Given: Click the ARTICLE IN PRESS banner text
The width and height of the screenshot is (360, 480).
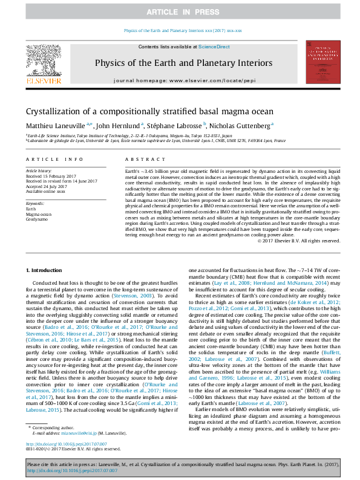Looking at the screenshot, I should [x=180, y=12].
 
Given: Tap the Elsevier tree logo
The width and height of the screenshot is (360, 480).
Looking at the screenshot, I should [x=43, y=61].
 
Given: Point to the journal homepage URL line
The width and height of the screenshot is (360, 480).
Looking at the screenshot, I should [x=180, y=80].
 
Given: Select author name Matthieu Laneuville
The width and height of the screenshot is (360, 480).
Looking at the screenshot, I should [x=57, y=126].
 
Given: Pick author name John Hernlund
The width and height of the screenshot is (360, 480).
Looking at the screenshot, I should [x=119, y=126].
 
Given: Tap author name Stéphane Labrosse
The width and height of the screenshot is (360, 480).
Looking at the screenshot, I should [x=175, y=126].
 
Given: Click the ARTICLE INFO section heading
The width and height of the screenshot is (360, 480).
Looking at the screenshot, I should [x=54, y=159].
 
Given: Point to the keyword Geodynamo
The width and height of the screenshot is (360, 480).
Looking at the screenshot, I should [x=37, y=219].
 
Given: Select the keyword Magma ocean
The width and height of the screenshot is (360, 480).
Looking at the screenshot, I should [x=39, y=214].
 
